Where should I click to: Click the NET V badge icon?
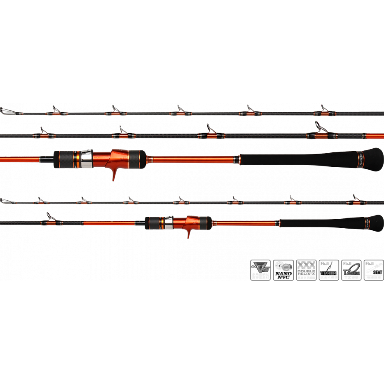260,270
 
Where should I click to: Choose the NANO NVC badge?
283,270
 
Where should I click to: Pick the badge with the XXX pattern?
306,270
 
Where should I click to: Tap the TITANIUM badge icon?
328,270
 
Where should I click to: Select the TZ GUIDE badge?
351,270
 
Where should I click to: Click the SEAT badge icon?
373,270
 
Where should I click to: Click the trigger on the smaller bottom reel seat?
190,233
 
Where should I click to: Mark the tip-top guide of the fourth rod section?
6,201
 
